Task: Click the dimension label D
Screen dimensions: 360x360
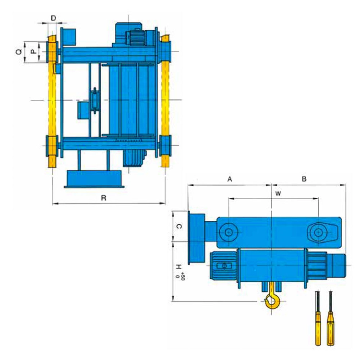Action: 53,18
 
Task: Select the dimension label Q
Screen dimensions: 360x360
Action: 19,52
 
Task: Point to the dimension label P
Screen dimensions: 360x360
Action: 34,52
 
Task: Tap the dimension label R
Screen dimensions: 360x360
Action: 104,198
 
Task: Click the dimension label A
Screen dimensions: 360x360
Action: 229,179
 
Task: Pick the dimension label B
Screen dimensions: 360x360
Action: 304,179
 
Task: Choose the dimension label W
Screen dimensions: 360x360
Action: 278,193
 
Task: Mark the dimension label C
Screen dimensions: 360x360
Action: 179,227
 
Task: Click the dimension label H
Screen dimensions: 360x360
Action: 179,267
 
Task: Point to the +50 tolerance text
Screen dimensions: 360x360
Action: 183,276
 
